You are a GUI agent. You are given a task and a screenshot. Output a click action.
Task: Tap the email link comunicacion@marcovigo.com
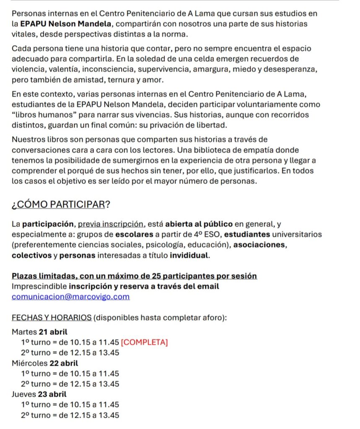[71, 297]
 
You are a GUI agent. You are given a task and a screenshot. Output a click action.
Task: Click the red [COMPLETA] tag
[145, 342]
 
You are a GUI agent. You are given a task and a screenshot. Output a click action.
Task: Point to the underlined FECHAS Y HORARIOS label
[52, 318]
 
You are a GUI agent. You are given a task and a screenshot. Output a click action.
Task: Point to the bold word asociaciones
[260, 245]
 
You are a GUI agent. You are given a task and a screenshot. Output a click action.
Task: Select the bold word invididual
[189, 255]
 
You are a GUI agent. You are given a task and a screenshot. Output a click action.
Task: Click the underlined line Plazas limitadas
[134, 276]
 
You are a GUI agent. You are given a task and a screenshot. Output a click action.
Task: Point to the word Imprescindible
[39, 287]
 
